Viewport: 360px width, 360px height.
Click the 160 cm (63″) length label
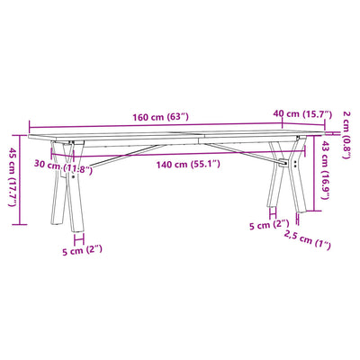click(161, 117)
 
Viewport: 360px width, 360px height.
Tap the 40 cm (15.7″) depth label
click(302, 114)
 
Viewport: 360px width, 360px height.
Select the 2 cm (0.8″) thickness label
click(346, 135)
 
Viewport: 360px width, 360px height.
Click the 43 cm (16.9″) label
click(325, 170)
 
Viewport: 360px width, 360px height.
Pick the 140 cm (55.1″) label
click(188, 165)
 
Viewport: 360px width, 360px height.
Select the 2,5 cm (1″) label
click(307, 239)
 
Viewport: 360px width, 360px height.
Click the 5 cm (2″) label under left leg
click(82, 250)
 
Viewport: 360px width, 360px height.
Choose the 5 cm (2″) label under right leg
click(269, 225)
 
